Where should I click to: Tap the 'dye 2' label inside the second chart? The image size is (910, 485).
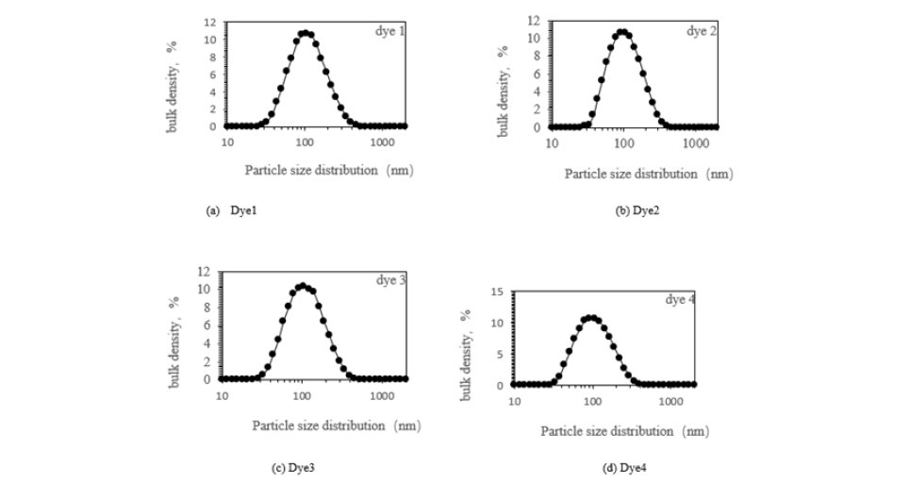[x=701, y=31]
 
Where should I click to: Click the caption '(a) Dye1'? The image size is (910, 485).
[x=231, y=210]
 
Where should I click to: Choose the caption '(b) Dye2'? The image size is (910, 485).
[x=637, y=210]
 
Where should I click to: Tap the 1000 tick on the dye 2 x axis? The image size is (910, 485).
[x=695, y=142]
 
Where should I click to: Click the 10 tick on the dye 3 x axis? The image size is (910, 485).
[x=222, y=395]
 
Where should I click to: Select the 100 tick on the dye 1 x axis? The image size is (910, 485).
[x=304, y=142]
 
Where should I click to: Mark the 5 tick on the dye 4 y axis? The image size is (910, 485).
[x=502, y=354]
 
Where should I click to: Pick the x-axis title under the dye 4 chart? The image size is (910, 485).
[x=624, y=430]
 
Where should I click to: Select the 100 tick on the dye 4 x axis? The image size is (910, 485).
[x=592, y=401]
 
